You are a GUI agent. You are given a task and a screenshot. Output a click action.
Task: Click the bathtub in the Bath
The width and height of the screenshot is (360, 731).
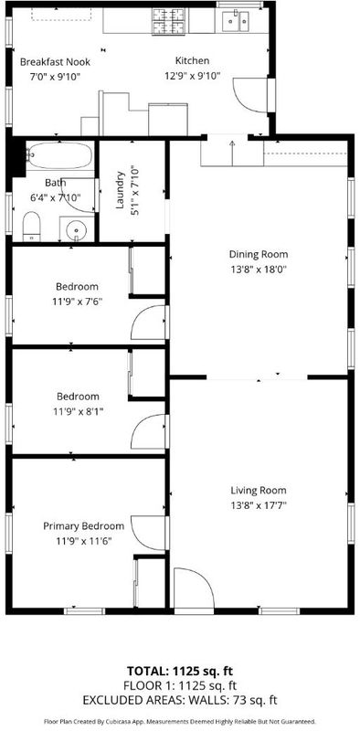pyautogui.click(x=60, y=154)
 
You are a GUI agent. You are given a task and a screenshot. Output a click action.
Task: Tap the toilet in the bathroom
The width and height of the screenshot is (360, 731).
pyautogui.click(x=31, y=227)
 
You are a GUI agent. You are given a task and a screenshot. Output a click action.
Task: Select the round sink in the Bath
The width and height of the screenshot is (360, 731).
pyautogui.click(x=76, y=229)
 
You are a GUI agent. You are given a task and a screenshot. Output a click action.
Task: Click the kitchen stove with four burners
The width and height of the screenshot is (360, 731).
pyautogui.click(x=168, y=21)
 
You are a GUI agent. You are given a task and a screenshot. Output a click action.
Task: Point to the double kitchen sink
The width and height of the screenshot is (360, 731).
pyautogui.click(x=236, y=21)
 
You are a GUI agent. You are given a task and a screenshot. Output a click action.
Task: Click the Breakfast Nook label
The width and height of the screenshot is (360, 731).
pyautogui.click(x=55, y=61)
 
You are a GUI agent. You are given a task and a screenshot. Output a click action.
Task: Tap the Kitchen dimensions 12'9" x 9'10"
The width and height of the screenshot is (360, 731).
pyautogui.click(x=192, y=76)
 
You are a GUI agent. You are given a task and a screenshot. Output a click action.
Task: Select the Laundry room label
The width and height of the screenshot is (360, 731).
pyautogui.click(x=121, y=190)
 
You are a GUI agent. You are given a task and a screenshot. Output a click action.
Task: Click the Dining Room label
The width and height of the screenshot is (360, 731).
pyautogui.click(x=259, y=255)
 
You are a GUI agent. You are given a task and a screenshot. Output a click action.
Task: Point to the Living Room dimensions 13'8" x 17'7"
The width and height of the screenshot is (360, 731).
pyautogui.click(x=259, y=505)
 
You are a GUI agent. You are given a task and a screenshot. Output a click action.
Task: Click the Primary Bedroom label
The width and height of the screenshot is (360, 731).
pyautogui.click(x=84, y=526)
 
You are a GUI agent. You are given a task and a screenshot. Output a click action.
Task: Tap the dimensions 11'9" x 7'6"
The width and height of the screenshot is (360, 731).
pyautogui.click(x=77, y=302)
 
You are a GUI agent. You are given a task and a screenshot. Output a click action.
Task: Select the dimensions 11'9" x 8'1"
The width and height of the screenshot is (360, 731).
pyautogui.click(x=78, y=412)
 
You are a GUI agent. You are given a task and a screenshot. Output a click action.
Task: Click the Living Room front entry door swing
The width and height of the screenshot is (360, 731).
pyautogui.click(x=194, y=588)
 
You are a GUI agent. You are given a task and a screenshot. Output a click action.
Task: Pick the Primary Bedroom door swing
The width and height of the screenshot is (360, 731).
pyautogui.click(x=148, y=533)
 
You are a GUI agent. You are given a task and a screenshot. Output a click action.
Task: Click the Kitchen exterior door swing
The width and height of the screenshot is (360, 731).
pyautogui.click(x=251, y=95)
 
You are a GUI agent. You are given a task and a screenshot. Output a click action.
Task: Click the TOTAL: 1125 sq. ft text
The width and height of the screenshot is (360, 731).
pyautogui.click(x=180, y=672)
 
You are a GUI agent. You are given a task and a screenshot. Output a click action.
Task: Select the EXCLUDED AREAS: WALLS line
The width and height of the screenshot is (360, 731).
pyautogui.click(x=180, y=700)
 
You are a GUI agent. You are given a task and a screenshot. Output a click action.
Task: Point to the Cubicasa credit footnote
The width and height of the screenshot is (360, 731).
pyautogui.click(x=180, y=721)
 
